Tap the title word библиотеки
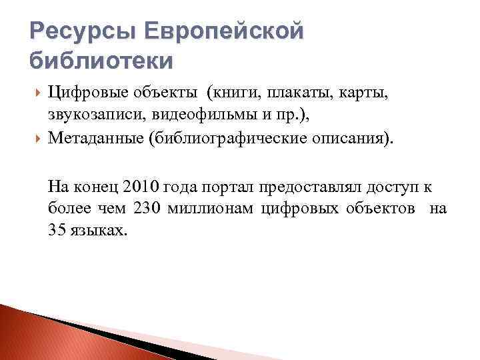tap(101, 61)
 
